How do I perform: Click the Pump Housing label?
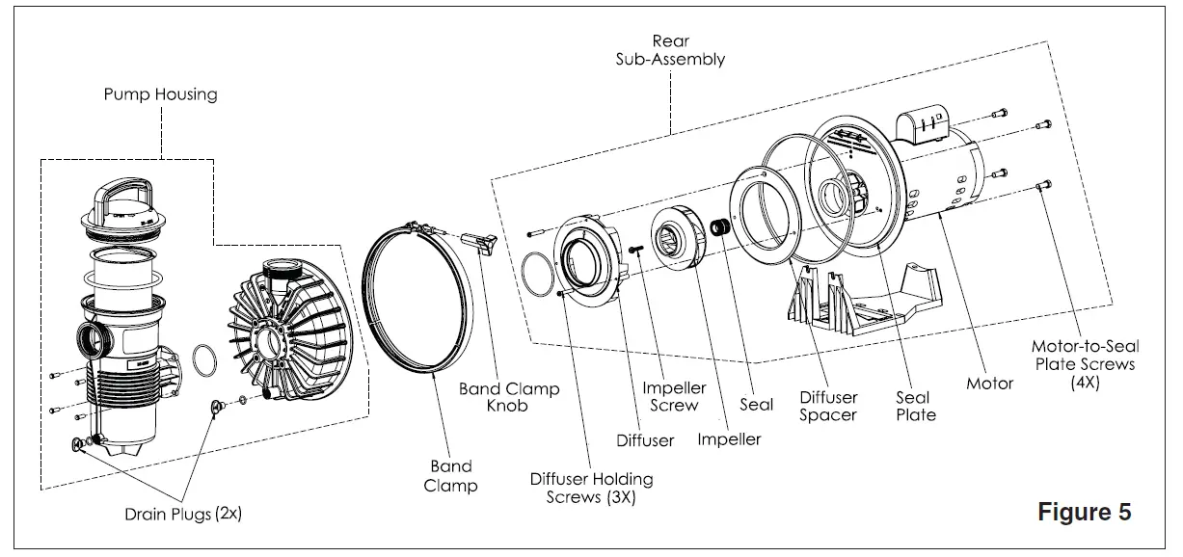pos(161,94)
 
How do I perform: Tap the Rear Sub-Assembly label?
pos(671,50)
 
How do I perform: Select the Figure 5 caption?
pos(1084,512)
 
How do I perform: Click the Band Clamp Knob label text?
pos(508,398)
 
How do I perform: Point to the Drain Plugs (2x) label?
pos(183,515)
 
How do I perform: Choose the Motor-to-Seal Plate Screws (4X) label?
pos(1083,363)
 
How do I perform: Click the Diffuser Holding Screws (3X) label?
pos(591,488)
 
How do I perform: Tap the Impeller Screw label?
pos(674,397)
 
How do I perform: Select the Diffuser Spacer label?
pos(828,406)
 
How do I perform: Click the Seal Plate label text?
pos(915,406)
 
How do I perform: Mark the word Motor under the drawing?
pos(989,384)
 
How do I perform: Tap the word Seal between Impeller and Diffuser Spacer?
pos(756,405)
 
